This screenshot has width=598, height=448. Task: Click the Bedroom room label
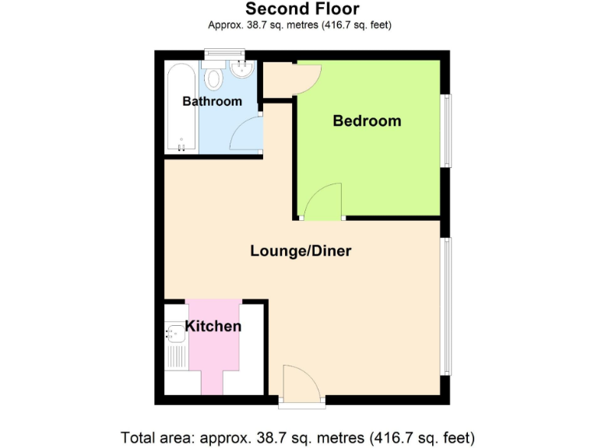(x=367, y=121)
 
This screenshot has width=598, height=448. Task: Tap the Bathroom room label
(x=212, y=101)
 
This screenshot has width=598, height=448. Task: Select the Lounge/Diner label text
(x=301, y=251)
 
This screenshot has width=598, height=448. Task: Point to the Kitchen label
(x=213, y=326)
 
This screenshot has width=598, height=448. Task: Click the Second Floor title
(x=302, y=9)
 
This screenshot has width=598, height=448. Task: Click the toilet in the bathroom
(x=215, y=78)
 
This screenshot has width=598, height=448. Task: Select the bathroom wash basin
(x=241, y=71)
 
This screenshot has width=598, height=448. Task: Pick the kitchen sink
(x=174, y=334)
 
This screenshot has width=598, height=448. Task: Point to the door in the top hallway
(x=308, y=78)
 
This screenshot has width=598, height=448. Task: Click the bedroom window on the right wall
(x=445, y=131)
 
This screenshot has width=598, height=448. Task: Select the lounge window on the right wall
(x=445, y=306)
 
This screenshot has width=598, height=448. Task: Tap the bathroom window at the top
(x=223, y=54)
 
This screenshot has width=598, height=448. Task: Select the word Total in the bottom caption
(x=139, y=436)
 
